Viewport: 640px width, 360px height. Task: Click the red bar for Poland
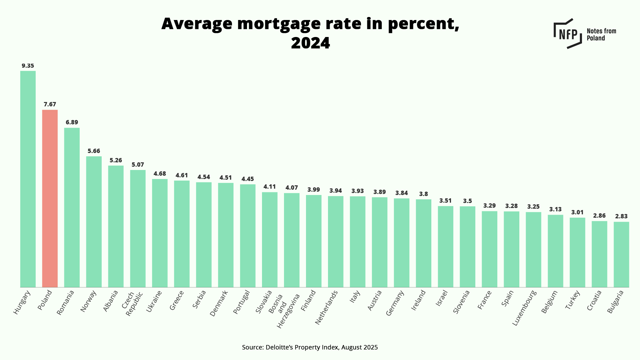point(50,198)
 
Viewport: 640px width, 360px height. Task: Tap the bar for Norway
point(94,222)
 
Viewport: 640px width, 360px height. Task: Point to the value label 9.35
point(28,66)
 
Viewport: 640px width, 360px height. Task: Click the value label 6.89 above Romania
point(72,122)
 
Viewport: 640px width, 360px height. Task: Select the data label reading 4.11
point(270,187)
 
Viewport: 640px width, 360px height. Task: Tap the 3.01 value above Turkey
point(577,212)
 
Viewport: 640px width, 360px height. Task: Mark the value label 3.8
point(423,194)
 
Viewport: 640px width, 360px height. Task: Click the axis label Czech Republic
point(132,304)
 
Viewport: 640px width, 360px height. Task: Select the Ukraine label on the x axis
point(154,301)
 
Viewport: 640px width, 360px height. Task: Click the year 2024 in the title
point(310,43)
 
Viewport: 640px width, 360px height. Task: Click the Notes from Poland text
point(601,34)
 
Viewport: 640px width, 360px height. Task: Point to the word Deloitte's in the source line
point(279,347)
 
